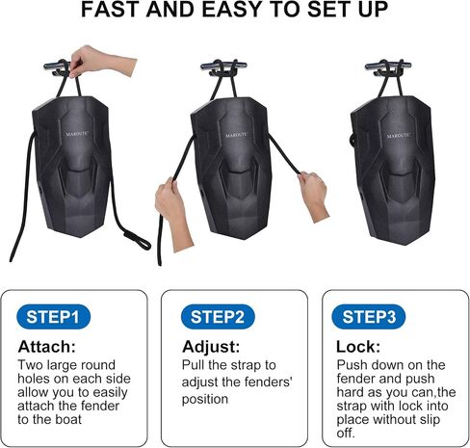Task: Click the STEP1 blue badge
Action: pos(53,317)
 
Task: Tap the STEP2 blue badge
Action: pos(218,317)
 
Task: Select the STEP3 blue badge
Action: pos(369,317)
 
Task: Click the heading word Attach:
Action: pos(47,347)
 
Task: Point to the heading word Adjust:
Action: pos(211,347)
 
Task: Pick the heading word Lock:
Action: pos(358,347)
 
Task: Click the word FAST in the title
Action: pos(111,10)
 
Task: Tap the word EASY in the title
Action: pos(234,10)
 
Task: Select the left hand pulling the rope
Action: pos(173,212)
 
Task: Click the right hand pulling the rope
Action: pos(313,196)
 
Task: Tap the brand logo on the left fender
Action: pos(77,134)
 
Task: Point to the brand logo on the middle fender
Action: pos(237,135)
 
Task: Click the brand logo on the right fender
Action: pos(399,136)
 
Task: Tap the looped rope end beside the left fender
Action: pos(137,240)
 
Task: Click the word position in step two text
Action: pos(205,400)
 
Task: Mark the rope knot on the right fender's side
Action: pos(353,140)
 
